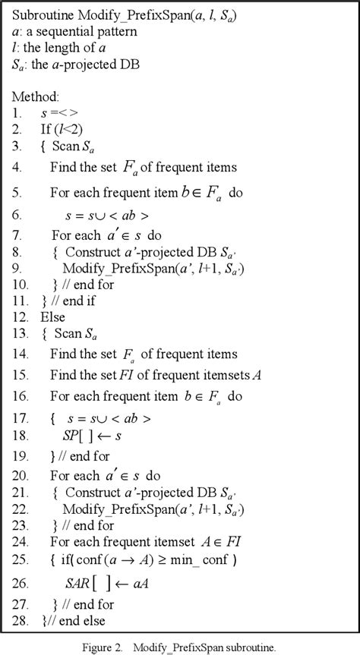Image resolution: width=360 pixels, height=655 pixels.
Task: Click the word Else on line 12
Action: (x=52, y=318)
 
